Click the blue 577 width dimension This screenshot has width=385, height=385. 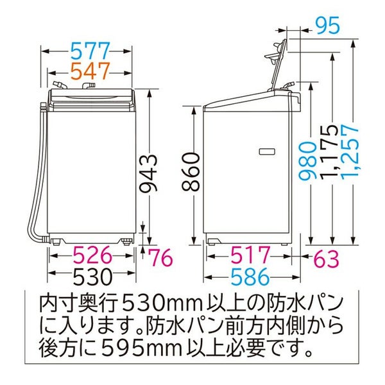(x=90, y=51)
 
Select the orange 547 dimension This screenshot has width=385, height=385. (x=90, y=71)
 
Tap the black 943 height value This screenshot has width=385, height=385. (x=148, y=173)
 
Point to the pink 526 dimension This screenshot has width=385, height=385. (x=93, y=255)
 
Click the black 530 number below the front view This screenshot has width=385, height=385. (x=93, y=276)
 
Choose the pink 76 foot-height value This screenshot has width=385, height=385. (x=161, y=257)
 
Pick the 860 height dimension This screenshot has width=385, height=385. (x=191, y=172)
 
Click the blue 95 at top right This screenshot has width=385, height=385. (x=327, y=25)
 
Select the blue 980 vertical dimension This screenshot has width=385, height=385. (x=307, y=161)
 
